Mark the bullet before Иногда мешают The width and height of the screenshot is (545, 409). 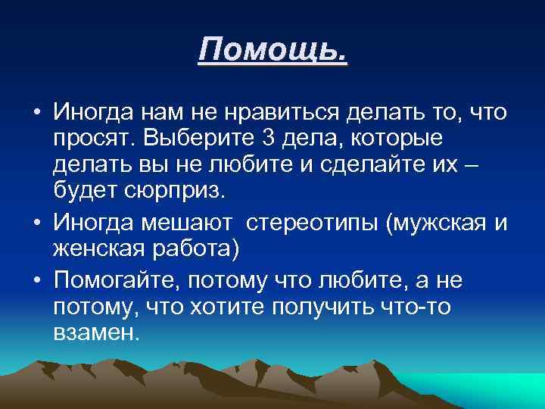click(x=36, y=225)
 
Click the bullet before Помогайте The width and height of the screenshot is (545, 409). click(x=36, y=281)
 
